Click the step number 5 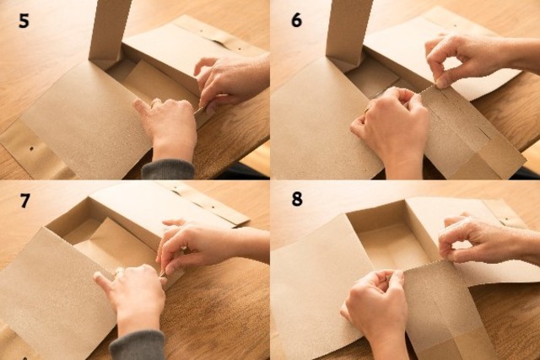[24, 21]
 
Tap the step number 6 [296, 20]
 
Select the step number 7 [24, 201]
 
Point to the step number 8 [297, 199]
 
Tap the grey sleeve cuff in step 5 [169, 169]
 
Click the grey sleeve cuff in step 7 [138, 345]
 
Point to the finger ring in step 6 [367, 110]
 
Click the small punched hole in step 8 [506, 219]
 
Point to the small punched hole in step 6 [456, 25]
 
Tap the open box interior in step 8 [392, 241]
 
